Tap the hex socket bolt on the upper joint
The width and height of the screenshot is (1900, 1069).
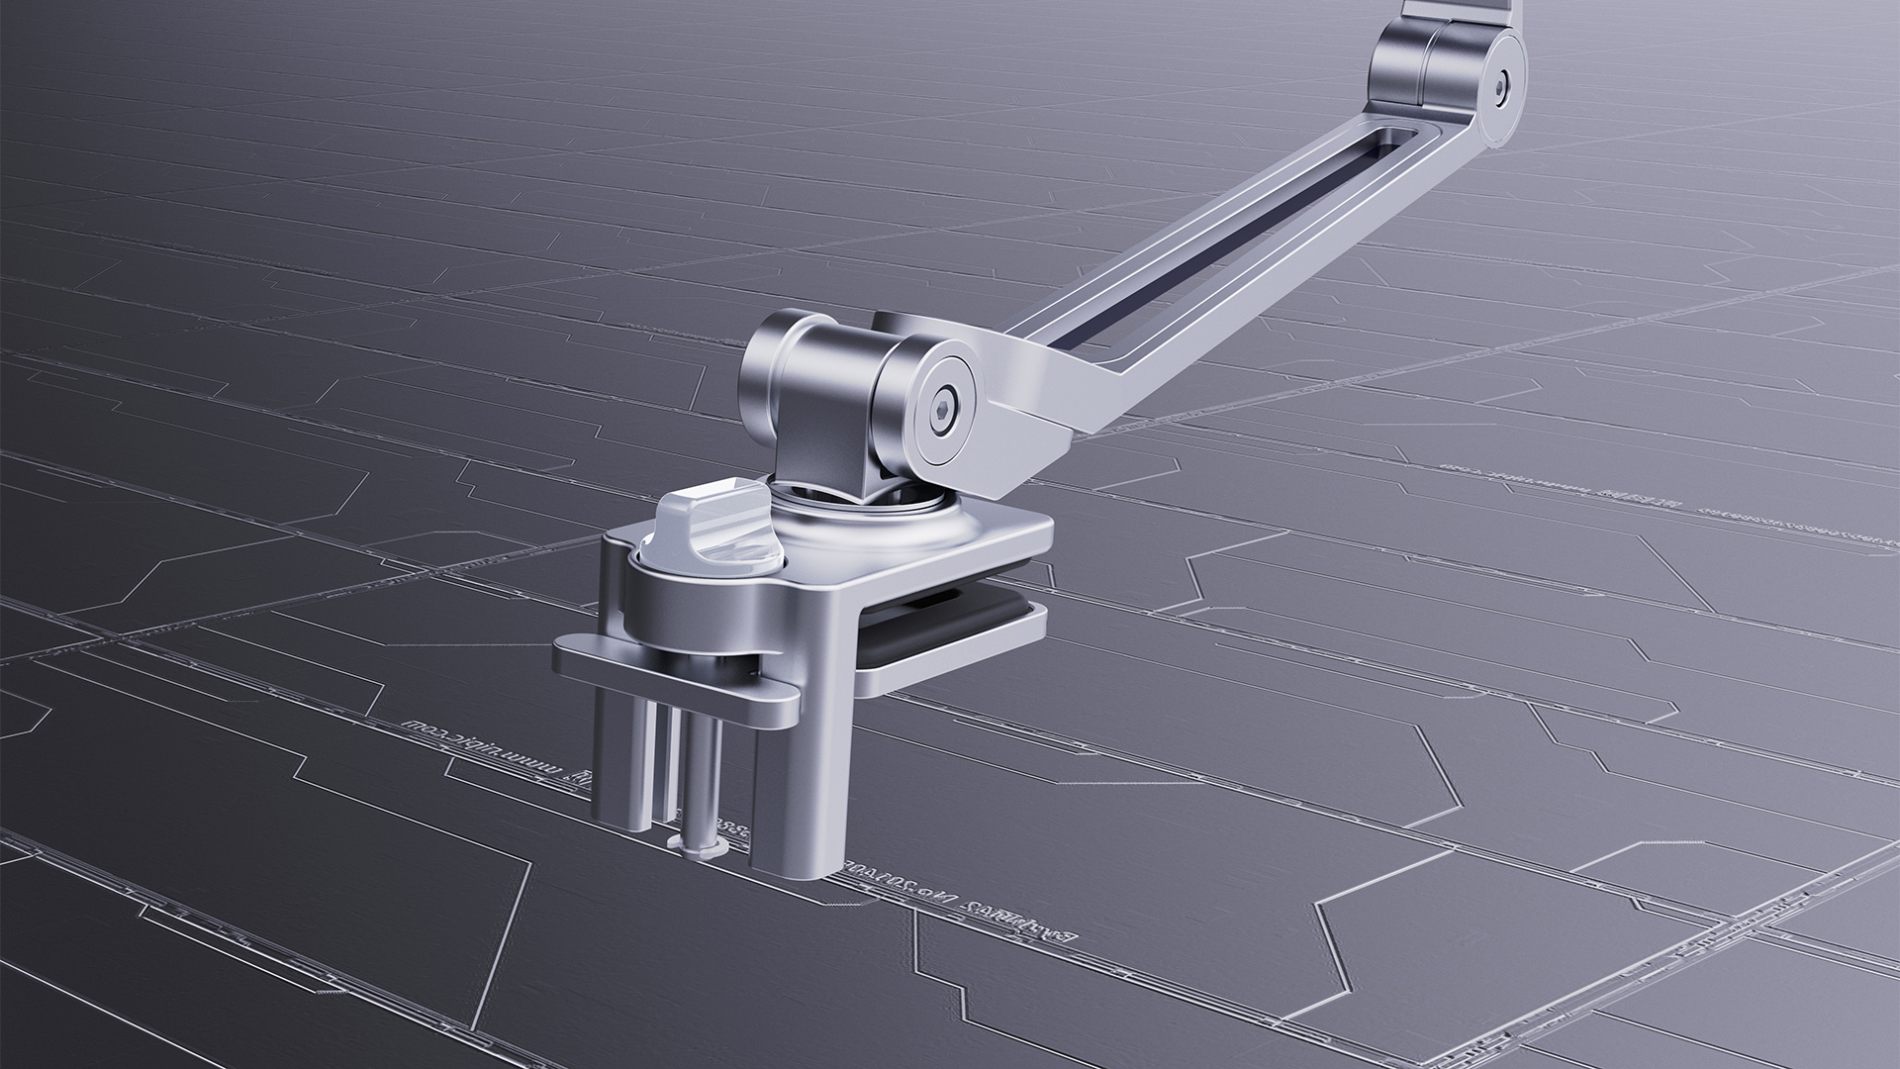(x=1502, y=84)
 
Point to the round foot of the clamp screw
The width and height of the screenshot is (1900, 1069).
(x=698, y=840)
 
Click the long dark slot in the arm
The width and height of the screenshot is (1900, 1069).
(x=1217, y=251)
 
